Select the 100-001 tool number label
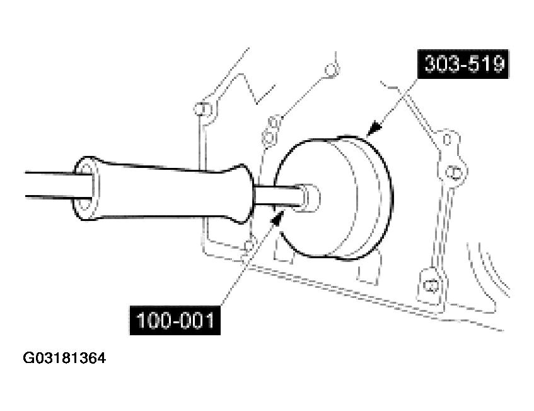click(175, 321)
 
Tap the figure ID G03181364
click(64, 359)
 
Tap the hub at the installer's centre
click(310, 196)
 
